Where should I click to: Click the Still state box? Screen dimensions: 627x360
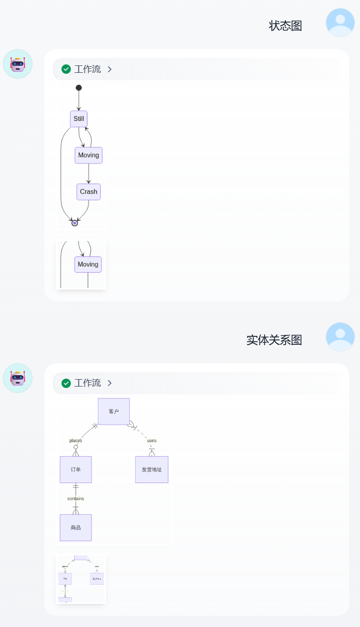(79, 119)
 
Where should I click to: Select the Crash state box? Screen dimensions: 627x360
(89, 192)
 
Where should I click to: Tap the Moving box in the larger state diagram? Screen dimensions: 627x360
(89, 155)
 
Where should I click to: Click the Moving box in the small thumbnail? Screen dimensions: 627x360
(88, 265)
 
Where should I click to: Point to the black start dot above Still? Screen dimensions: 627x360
(79, 88)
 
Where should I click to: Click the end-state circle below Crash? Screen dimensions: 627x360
(75, 223)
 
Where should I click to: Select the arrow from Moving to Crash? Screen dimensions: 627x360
(89, 174)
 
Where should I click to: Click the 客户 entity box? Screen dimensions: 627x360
(114, 412)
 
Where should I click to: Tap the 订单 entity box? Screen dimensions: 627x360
(76, 470)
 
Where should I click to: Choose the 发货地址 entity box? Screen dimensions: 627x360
(151, 470)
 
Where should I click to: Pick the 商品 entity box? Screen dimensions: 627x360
(76, 528)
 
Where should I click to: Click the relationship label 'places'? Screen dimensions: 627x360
(76, 441)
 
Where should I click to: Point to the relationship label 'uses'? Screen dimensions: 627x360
(151, 441)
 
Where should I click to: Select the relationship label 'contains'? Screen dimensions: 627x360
(76, 499)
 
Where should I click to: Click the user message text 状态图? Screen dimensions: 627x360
(285, 26)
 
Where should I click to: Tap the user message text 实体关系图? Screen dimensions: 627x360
(274, 340)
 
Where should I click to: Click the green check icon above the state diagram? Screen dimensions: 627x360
(66, 69)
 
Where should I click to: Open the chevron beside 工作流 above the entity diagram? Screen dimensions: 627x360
(110, 383)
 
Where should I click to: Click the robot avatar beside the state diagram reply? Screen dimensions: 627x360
(18, 64)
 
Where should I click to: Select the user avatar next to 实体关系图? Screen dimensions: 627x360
(340, 337)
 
